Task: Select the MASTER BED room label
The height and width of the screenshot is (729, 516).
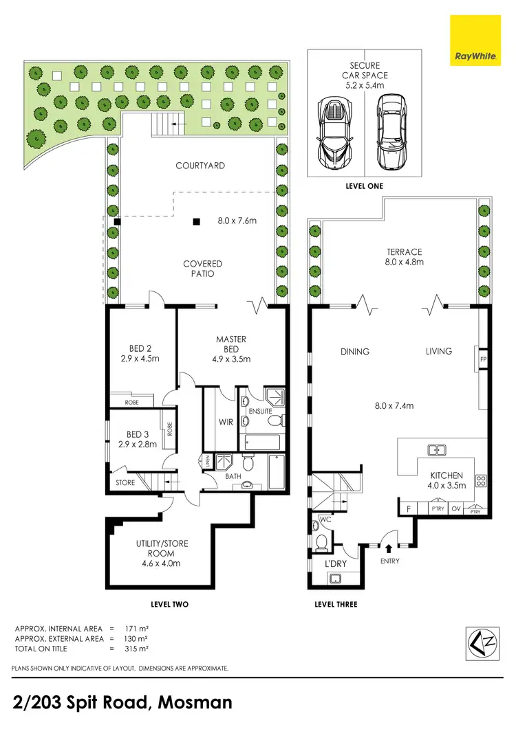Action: (231, 349)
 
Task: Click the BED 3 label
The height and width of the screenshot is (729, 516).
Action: (138, 439)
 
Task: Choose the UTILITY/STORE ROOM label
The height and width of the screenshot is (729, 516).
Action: (162, 553)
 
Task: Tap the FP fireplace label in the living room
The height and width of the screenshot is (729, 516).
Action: (484, 358)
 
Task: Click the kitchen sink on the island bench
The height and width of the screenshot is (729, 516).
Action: (435, 451)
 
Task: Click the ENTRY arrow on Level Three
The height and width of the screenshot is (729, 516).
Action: (389, 549)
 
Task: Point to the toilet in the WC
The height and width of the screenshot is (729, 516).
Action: (319, 543)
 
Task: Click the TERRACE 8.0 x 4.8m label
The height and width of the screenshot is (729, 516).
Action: (403, 257)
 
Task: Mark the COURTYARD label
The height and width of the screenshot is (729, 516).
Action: (200, 166)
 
